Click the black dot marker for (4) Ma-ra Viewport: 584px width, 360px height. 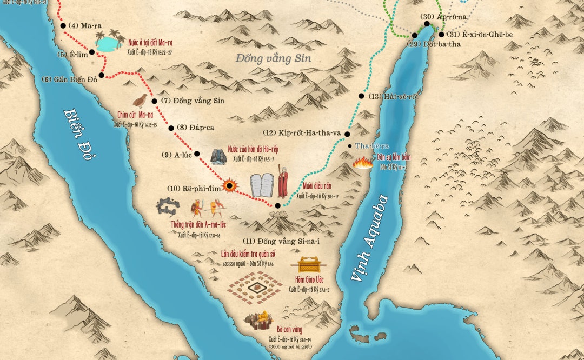tap(63, 25)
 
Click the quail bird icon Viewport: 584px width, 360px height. tap(140, 100)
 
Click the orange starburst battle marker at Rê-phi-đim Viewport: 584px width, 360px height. tap(230, 186)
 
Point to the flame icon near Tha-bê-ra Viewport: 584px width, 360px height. tap(362, 162)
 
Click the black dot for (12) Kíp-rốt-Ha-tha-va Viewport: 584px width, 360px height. tap(348, 134)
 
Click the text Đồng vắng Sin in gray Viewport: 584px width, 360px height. tap(274, 58)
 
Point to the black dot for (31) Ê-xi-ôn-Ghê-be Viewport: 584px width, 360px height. tap(441, 35)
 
